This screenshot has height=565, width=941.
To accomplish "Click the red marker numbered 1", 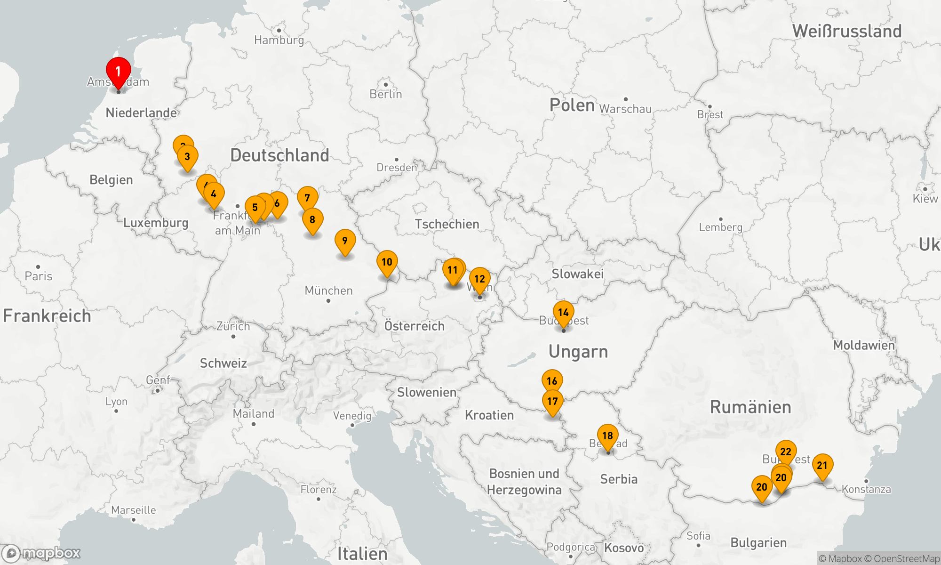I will pyautogui.click(x=118, y=72).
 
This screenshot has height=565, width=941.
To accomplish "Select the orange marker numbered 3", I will pyautogui.click(x=187, y=157).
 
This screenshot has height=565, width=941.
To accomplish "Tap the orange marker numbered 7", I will pyautogui.click(x=307, y=198).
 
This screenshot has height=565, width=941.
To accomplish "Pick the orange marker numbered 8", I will pyautogui.click(x=312, y=220).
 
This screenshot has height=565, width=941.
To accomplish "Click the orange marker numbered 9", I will pyautogui.click(x=345, y=241).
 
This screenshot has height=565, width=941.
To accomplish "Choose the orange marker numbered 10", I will pyautogui.click(x=387, y=262).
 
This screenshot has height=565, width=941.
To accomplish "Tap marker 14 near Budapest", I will pyautogui.click(x=563, y=312).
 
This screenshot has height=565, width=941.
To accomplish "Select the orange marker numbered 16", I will pyautogui.click(x=552, y=381).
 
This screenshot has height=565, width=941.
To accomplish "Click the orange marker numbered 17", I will pyautogui.click(x=552, y=401).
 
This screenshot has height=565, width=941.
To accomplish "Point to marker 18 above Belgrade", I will pyautogui.click(x=607, y=436).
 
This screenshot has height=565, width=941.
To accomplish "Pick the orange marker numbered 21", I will pyautogui.click(x=822, y=465).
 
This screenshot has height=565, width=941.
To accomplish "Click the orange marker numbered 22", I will pyautogui.click(x=786, y=452).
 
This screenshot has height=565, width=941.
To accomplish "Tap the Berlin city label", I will pyautogui.click(x=386, y=94).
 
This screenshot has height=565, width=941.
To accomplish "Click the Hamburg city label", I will pyautogui.click(x=279, y=40).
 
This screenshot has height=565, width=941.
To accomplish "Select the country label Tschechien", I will pyautogui.click(x=447, y=224).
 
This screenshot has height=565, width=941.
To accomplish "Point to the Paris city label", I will pyautogui.click(x=39, y=276).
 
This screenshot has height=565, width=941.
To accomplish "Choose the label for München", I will pyautogui.click(x=328, y=291).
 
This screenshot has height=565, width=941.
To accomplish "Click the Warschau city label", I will pyautogui.click(x=625, y=109).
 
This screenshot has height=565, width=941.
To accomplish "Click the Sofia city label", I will pyautogui.click(x=698, y=536).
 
